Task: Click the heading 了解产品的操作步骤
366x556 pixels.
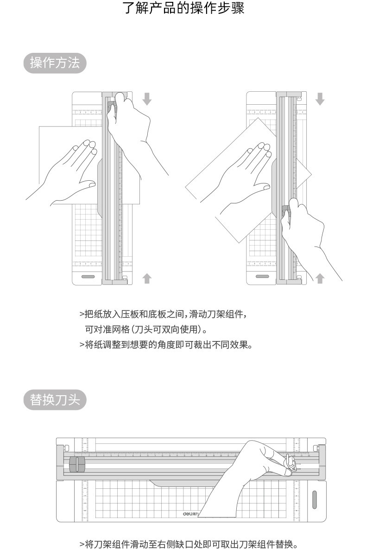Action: (x=183, y=8)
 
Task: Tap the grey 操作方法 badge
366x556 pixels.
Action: (x=55, y=63)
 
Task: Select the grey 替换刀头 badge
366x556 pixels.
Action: (x=55, y=399)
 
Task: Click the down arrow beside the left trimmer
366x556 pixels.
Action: (x=147, y=99)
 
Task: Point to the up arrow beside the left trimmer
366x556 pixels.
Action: (x=147, y=278)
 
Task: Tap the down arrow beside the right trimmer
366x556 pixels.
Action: (x=320, y=99)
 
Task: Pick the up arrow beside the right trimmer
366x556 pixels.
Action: (x=320, y=278)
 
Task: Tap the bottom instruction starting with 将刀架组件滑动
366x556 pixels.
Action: (x=188, y=543)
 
